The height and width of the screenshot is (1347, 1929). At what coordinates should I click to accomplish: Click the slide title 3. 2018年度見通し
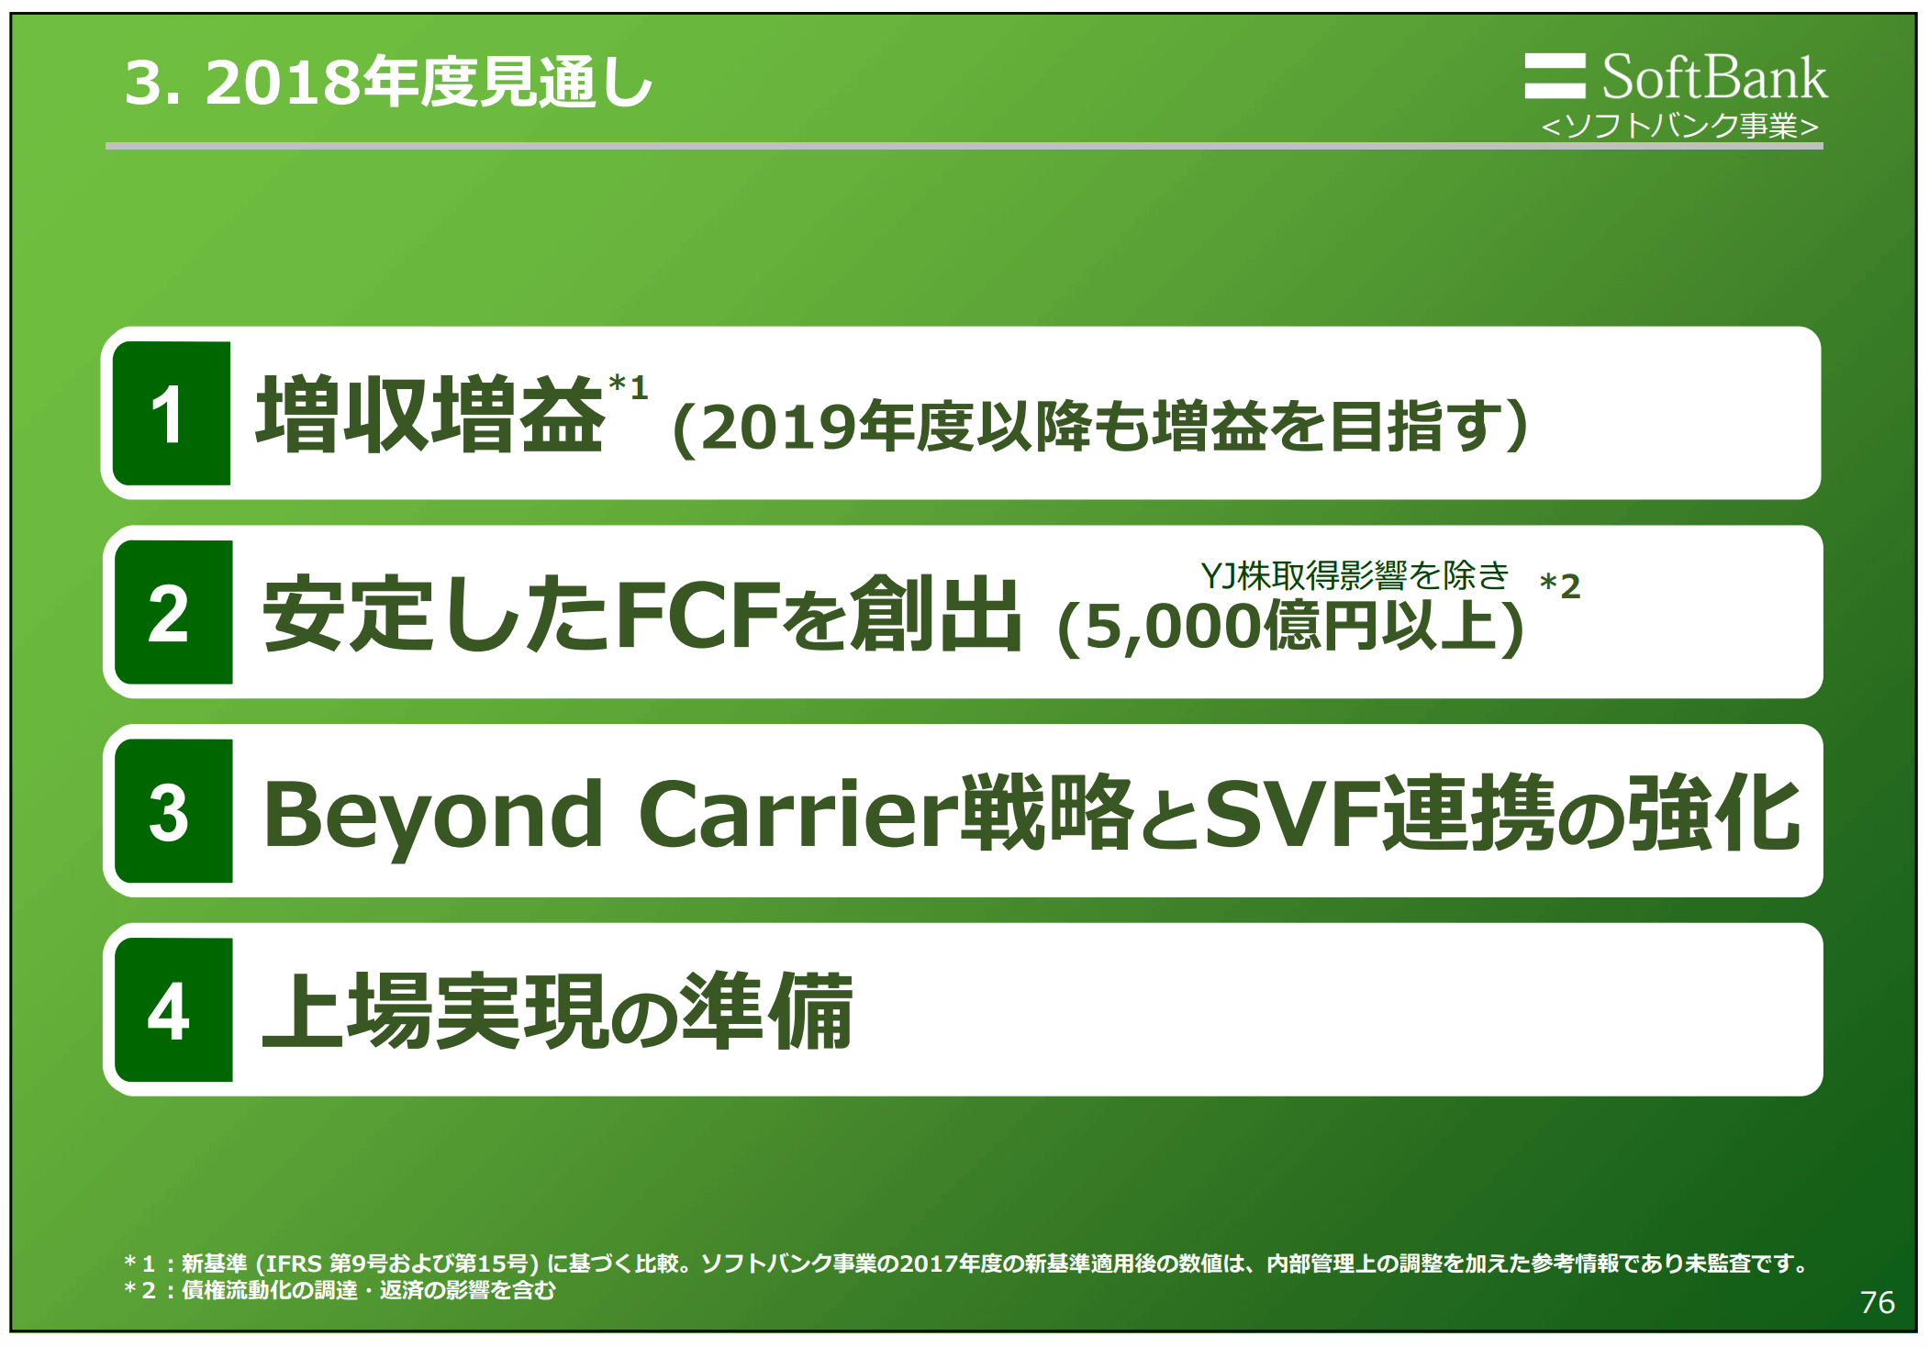pyautogui.click(x=388, y=83)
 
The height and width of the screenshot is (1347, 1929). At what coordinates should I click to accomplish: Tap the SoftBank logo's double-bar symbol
pyautogui.click(x=1554, y=76)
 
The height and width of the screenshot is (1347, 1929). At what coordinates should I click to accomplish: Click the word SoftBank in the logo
pyautogui.click(x=1713, y=77)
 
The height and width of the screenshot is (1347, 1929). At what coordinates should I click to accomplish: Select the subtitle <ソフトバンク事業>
pyautogui.click(x=1679, y=126)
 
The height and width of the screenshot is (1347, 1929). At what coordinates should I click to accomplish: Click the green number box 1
pyautogui.click(x=171, y=414)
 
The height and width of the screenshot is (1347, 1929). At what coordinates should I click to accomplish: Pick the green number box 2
pyautogui.click(x=173, y=613)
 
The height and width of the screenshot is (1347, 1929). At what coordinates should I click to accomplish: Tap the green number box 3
pyautogui.click(x=173, y=811)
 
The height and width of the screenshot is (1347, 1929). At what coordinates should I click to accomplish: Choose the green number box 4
pyautogui.click(x=173, y=1010)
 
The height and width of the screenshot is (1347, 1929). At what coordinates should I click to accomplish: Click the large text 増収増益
pyautogui.click(x=429, y=416)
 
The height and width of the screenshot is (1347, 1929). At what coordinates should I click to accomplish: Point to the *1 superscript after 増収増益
pyautogui.click(x=629, y=386)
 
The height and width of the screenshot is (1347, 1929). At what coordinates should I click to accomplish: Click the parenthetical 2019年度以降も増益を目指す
pyautogui.click(x=1100, y=427)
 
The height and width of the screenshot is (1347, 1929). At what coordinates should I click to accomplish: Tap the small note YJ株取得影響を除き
pyautogui.click(x=1355, y=575)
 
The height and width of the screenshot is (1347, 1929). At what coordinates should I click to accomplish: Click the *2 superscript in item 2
pyautogui.click(x=1559, y=585)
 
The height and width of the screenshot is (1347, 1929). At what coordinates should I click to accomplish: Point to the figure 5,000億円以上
pyautogui.click(x=1290, y=627)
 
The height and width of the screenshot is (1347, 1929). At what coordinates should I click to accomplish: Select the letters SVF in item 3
pyautogui.click(x=1293, y=814)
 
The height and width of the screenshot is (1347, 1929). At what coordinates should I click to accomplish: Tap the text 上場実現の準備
pyautogui.click(x=558, y=1011)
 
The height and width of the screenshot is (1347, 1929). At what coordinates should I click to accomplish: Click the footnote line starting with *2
pyautogui.click(x=340, y=1290)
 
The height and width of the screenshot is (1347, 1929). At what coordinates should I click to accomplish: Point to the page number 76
pyautogui.click(x=1877, y=1302)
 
